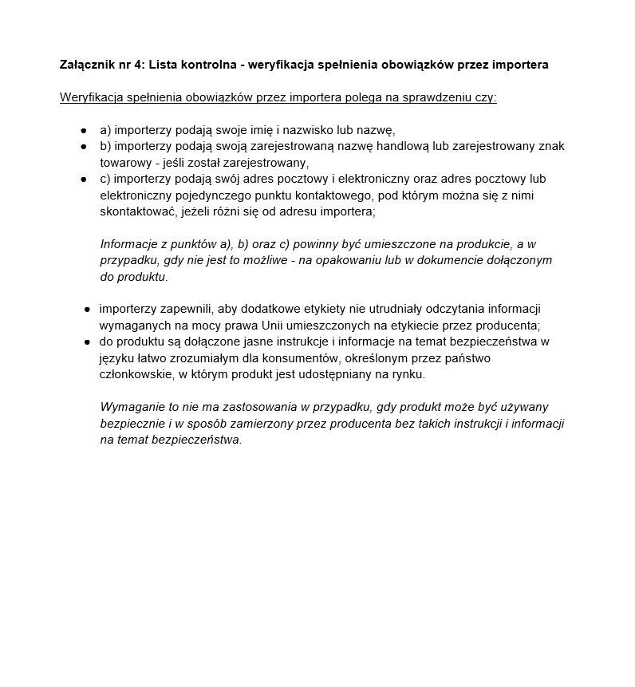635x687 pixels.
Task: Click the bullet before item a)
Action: tap(83, 129)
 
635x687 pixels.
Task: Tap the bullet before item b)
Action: tap(83, 146)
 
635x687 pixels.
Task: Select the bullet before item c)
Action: tap(83, 179)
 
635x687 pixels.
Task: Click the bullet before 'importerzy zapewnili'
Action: tap(88, 309)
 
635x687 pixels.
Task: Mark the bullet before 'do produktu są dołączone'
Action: tap(88, 342)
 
